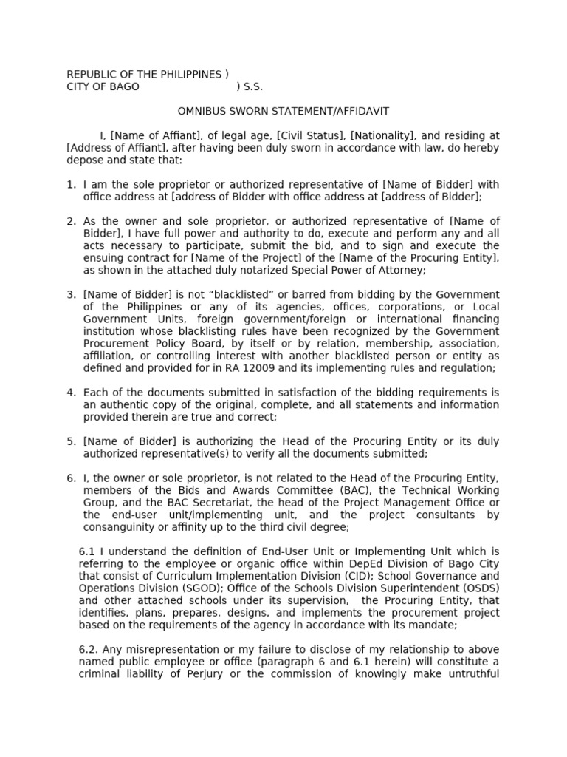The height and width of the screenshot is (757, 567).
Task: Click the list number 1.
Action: (x=71, y=185)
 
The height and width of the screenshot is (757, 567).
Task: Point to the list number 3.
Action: (x=71, y=295)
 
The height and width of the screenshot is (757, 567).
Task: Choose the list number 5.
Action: (x=71, y=441)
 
